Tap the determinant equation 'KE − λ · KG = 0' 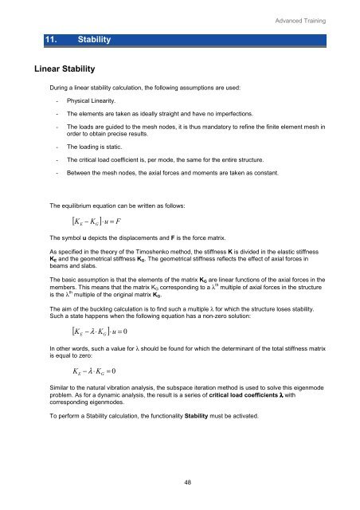92,371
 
